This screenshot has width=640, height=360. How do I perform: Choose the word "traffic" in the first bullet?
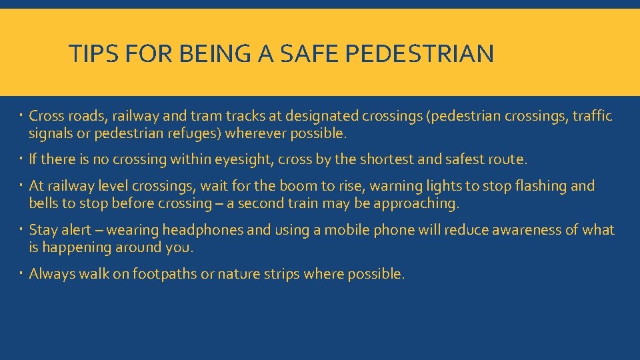591,117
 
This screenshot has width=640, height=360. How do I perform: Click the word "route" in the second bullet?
508,160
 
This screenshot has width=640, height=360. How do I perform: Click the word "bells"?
43,203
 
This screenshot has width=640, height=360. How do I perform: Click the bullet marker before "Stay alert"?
21,229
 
